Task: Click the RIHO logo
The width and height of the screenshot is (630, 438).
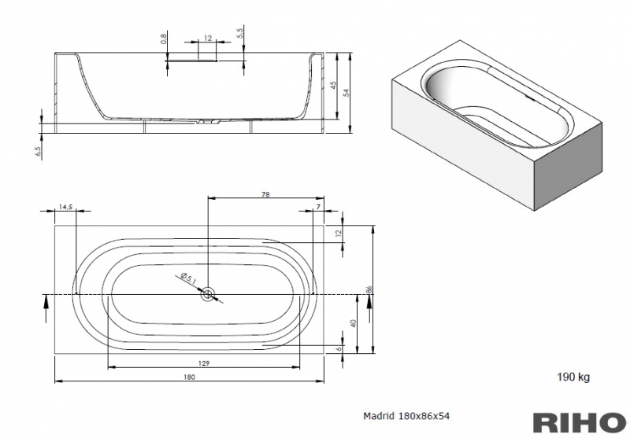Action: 580,421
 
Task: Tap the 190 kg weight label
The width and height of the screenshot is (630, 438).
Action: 573,377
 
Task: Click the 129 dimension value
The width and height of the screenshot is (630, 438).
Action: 204,362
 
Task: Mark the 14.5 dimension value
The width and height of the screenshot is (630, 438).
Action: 65,206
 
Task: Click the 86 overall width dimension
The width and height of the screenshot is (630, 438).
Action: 368,289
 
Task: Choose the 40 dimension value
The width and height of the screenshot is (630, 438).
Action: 354,322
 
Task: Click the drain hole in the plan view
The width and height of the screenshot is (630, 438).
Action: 208,295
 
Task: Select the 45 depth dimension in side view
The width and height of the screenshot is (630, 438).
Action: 333,85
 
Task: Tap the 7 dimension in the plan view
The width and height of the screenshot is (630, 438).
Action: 318,206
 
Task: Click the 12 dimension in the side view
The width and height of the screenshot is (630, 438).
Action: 207,38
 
